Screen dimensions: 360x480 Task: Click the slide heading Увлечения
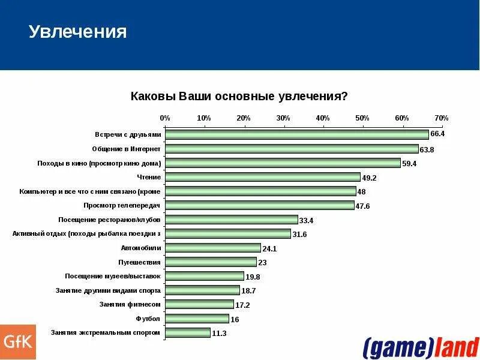[x=78, y=32]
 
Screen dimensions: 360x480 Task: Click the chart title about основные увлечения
[x=239, y=97]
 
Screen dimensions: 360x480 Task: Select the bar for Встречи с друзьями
[x=296, y=134]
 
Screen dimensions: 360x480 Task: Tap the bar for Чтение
[x=262, y=177]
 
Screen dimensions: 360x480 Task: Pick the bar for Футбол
[x=197, y=319]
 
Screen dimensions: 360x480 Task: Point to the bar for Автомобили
[x=212, y=248]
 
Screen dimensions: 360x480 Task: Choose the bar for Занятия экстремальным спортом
[x=187, y=332]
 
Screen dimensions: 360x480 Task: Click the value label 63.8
[x=427, y=149]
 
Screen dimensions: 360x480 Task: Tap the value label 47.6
[x=364, y=206]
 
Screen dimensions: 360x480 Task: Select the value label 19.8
[x=253, y=277]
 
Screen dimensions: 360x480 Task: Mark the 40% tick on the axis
[x=323, y=118]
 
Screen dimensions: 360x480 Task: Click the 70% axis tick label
[x=441, y=118]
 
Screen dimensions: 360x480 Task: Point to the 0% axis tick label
[x=165, y=118]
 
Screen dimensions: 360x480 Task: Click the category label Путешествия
[x=140, y=262]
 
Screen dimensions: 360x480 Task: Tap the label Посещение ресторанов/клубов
[x=109, y=220]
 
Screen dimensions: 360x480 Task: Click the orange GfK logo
[x=17, y=342]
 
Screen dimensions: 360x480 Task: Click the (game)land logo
[x=420, y=347]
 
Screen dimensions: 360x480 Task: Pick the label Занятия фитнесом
[x=130, y=304]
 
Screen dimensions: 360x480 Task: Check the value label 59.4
[x=409, y=163]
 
